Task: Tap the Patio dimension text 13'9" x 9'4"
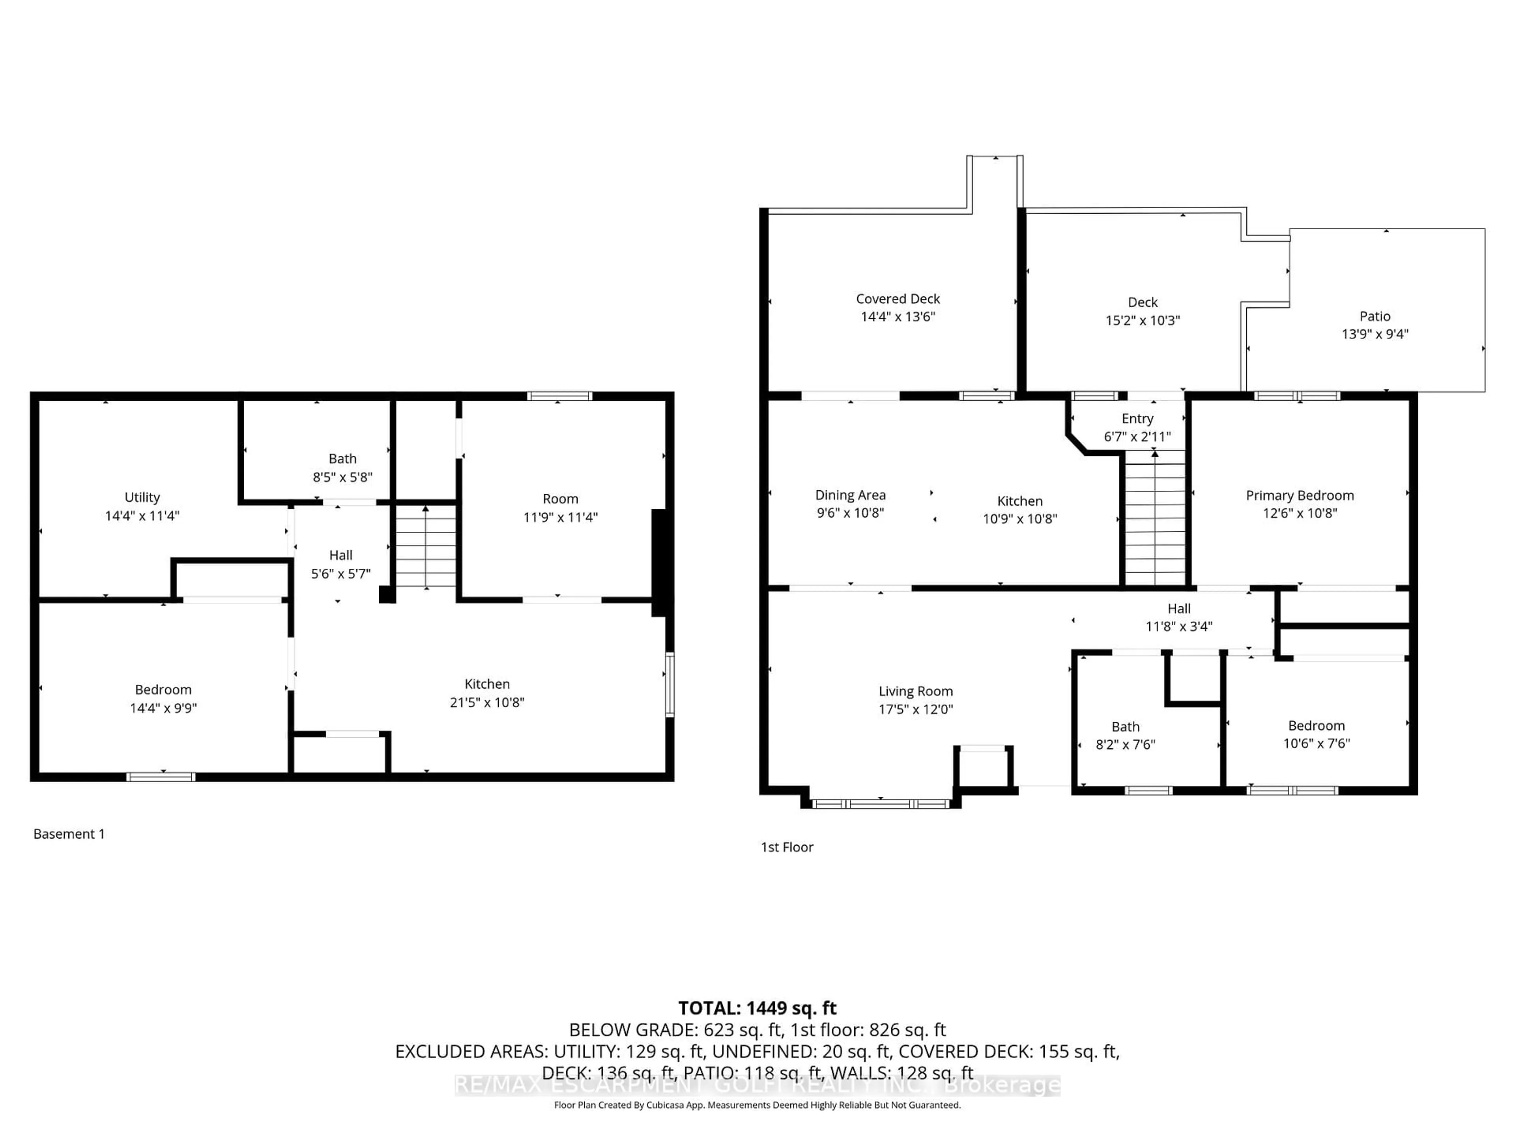click(x=1375, y=334)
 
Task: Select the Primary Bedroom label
click(x=1299, y=495)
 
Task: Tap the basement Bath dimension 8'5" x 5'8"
click(x=342, y=476)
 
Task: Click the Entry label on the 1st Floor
click(x=1137, y=419)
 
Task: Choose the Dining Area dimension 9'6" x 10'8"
click(x=850, y=513)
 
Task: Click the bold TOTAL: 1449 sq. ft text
click(x=757, y=1008)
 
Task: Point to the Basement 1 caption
click(x=69, y=833)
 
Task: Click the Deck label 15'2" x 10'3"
click(x=1143, y=311)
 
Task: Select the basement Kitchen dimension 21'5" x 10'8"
click(x=487, y=702)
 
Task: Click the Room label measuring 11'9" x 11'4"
click(x=560, y=499)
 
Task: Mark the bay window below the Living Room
click(x=880, y=803)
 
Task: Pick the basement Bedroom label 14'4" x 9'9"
click(x=163, y=689)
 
